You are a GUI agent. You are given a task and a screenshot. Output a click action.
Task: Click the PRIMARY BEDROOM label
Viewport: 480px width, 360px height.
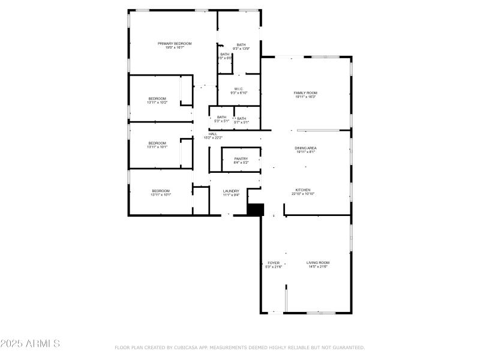(175, 43)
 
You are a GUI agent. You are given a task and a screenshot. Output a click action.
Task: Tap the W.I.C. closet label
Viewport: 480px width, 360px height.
(238, 89)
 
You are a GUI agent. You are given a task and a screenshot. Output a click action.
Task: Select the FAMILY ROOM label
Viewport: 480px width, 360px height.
(305, 93)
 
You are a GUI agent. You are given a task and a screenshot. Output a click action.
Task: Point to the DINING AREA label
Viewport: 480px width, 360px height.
(305, 148)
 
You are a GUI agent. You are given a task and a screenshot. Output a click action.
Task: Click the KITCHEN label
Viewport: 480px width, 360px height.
(303, 190)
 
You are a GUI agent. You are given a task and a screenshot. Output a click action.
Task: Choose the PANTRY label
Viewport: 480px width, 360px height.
(241, 158)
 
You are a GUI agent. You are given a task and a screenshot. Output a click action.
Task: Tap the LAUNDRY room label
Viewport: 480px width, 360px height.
(231, 191)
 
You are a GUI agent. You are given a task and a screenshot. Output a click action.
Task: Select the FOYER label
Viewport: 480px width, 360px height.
(274, 263)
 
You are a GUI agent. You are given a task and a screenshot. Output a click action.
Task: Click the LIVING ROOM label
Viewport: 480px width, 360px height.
(318, 263)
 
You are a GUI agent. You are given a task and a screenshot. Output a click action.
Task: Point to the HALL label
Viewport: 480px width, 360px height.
(213, 134)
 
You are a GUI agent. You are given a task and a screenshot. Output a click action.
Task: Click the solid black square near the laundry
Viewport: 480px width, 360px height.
(256, 209)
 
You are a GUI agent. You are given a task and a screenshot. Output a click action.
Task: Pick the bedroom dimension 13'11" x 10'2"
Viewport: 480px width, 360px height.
(157, 103)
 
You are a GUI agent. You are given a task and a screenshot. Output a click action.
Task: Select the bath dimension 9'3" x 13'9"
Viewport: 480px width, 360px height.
(241, 48)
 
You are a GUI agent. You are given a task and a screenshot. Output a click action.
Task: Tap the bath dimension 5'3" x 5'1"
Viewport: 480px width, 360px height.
(222, 121)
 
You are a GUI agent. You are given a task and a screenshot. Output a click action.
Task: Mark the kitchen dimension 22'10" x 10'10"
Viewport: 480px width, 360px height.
(303, 194)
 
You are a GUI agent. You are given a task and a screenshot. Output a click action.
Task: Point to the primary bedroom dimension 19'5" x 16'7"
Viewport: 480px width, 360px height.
(175, 47)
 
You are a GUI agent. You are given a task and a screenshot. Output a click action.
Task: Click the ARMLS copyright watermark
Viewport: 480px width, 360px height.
(30, 344)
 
